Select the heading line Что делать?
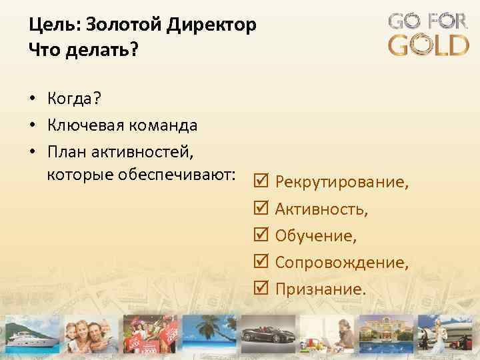[81, 50]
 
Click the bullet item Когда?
[74, 99]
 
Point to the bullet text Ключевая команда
[122, 125]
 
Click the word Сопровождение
[341, 263]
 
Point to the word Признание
[320, 289]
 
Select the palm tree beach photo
[203, 333]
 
